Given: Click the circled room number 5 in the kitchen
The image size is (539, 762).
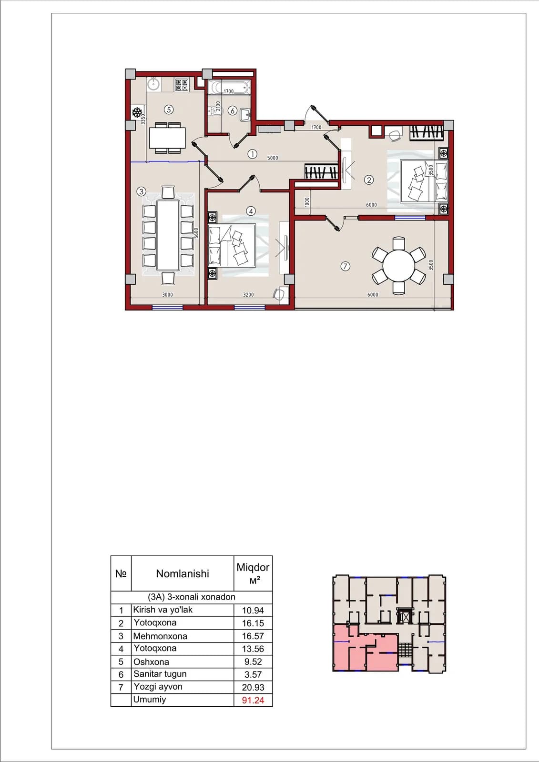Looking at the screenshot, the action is (x=169, y=110).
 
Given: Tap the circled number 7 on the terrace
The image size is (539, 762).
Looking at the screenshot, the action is (x=345, y=266).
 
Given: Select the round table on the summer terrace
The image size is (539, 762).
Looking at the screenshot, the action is (x=398, y=265).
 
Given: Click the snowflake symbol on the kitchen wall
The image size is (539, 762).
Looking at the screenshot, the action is (x=137, y=112).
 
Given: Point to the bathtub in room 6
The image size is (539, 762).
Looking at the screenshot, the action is (x=229, y=88).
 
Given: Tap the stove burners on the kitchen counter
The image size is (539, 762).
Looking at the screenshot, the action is (x=182, y=85).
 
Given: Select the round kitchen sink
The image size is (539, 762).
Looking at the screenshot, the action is (x=154, y=84).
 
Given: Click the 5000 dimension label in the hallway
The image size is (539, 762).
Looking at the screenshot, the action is (x=273, y=158).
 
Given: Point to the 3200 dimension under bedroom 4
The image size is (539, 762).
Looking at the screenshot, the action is (x=248, y=295).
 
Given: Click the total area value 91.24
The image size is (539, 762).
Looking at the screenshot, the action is (x=253, y=701).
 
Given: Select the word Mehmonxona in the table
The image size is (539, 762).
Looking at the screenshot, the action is (x=160, y=636).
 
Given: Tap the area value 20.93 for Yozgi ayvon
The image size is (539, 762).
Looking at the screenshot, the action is (x=253, y=688).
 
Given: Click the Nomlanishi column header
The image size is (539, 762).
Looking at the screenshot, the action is (x=183, y=573).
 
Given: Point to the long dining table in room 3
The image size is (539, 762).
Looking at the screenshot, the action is (x=168, y=235).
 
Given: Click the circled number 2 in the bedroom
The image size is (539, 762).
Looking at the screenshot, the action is (x=369, y=180).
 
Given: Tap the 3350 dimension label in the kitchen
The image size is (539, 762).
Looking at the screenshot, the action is (x=143, y=119).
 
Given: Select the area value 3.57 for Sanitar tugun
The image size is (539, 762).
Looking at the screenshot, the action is (x=253, y=674).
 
